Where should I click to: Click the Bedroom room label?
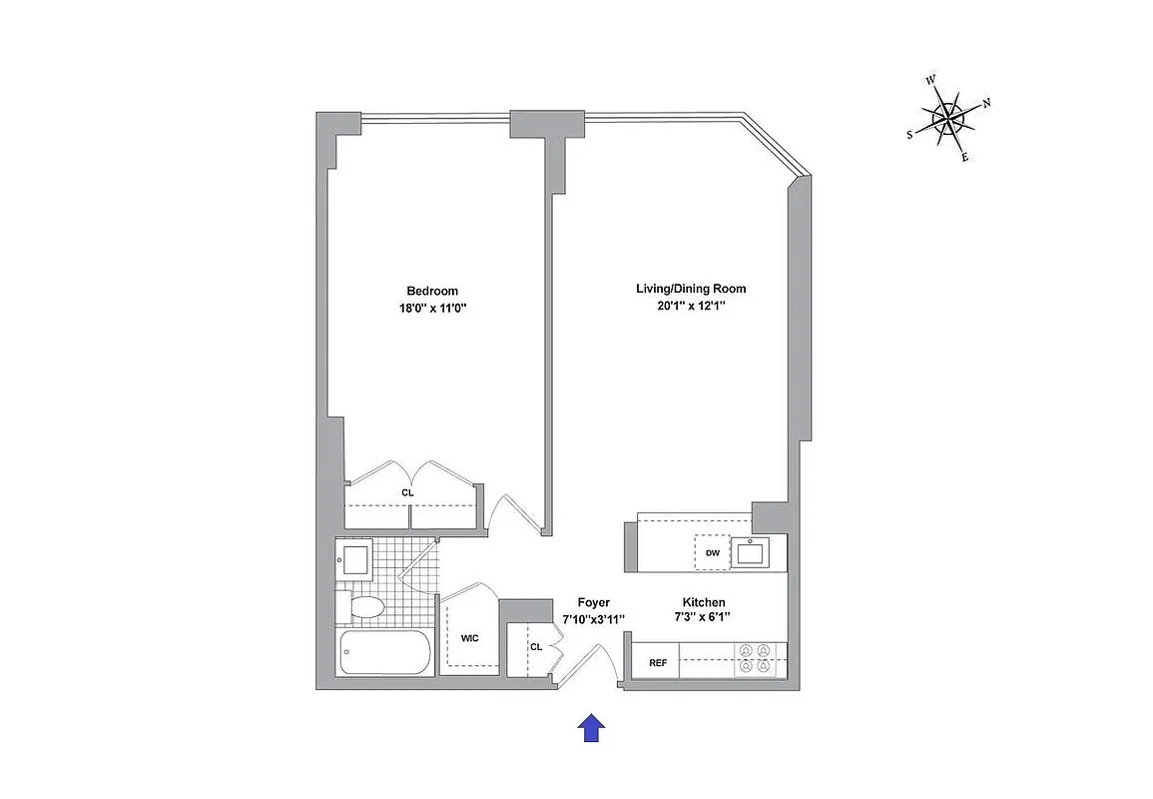[432, 291]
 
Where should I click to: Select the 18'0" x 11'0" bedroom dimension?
[432, 309]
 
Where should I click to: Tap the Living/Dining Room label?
[691, 289]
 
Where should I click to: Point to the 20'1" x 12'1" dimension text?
[691, 307]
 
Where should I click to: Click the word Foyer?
[593, 603]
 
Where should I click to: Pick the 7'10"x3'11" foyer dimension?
[592, 620]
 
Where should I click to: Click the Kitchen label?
[704, 602]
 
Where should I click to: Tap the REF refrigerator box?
[658, 662]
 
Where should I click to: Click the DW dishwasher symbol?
[713, 552]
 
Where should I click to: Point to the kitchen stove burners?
[756, 659]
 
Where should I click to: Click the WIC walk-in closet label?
[470, 638]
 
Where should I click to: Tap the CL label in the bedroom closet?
[407, 492]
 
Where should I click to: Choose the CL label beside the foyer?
[535, 647]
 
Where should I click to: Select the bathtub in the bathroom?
[385, 653]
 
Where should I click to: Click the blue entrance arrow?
[592, 728]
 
